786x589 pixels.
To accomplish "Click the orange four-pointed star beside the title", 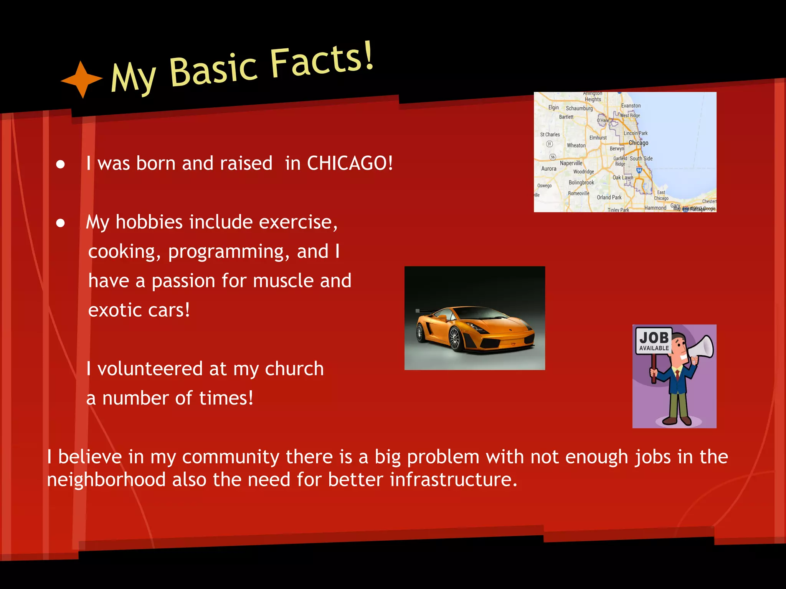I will point(81,79).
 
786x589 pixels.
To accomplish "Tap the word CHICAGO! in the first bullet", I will point(350,163).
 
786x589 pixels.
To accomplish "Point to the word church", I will point(294,369).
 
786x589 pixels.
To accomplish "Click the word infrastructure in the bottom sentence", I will point(453,480).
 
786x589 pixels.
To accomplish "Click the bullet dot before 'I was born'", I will point(60,165).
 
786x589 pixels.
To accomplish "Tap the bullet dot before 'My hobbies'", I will point(60,223).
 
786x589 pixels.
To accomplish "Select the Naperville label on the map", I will point(571,163).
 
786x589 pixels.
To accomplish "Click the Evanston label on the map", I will point(631,106).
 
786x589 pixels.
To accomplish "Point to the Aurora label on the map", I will point(548,169).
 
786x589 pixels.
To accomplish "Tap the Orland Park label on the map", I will point(609,197).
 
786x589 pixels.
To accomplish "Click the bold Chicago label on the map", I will point(638,143).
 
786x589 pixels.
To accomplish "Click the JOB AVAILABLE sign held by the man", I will point(654,341).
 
